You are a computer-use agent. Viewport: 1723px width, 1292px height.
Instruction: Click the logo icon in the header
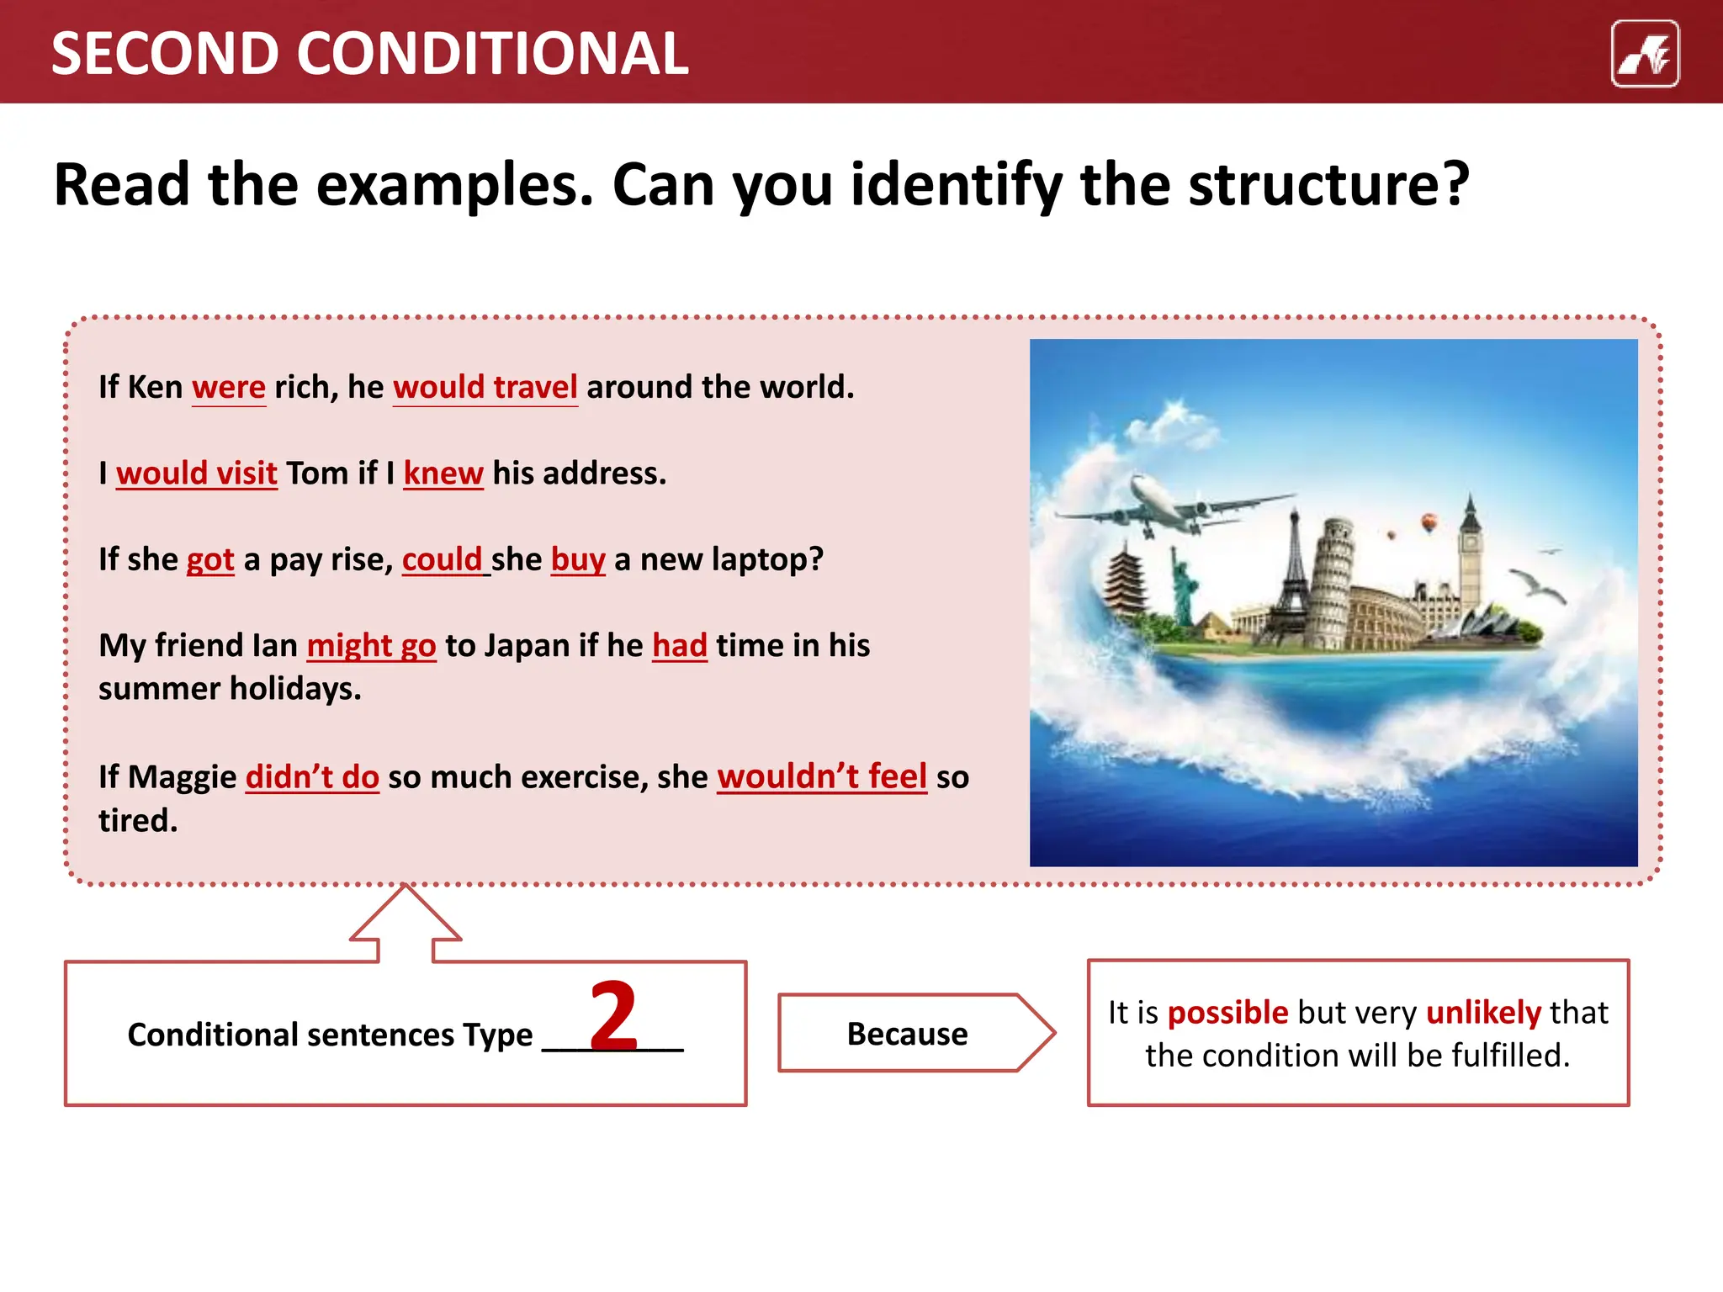tap(1645, 54)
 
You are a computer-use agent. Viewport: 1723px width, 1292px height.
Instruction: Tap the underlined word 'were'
tap(229, 388)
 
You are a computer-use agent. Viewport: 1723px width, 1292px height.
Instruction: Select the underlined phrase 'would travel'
tap(485, 388)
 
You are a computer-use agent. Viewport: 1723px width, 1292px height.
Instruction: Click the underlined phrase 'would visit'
tap(197, 474)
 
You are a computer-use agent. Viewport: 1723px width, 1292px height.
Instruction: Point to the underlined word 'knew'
tap(443, 474)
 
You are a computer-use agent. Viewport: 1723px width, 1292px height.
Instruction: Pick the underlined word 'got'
tap(210, 560)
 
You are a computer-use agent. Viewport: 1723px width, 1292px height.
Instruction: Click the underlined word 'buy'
tap(578, 560)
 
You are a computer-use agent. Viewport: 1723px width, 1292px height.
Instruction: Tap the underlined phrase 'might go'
tap(371, 646)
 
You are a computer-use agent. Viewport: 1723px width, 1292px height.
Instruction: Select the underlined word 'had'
tap(680, 646)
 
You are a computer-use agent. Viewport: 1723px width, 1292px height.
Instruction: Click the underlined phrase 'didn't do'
tap(312, 777)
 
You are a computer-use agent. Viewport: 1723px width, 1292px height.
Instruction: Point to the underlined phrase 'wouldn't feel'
tap(822, 777)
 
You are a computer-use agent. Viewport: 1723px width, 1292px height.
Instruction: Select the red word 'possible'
tap(1227, 1013)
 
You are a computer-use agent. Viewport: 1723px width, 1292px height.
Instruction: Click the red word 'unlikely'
tap(1483, 1013)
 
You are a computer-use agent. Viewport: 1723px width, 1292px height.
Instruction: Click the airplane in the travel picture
tap(1169, 505)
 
